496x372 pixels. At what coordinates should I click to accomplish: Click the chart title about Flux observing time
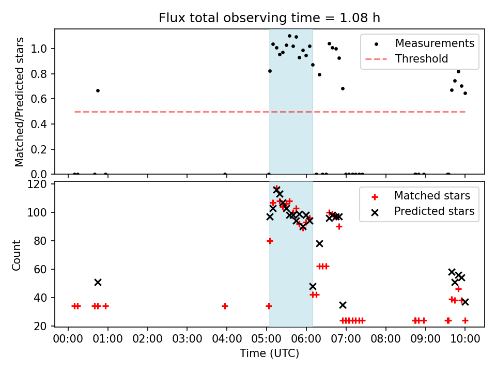(x=269, y=18)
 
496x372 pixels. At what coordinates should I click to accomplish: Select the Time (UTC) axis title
(x=269, y=353)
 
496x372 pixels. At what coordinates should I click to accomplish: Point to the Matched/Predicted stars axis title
(x=20, y=102)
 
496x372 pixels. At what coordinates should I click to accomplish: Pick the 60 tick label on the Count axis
(x=42, y=269)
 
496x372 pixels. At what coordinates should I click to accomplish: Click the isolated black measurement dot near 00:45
(x=98, y=90)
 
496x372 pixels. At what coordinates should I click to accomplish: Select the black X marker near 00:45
(x=98, y=282)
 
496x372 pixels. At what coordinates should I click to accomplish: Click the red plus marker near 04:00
(x=225, y=306)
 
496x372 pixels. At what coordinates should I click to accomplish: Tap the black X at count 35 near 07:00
(x=343, y=305)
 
